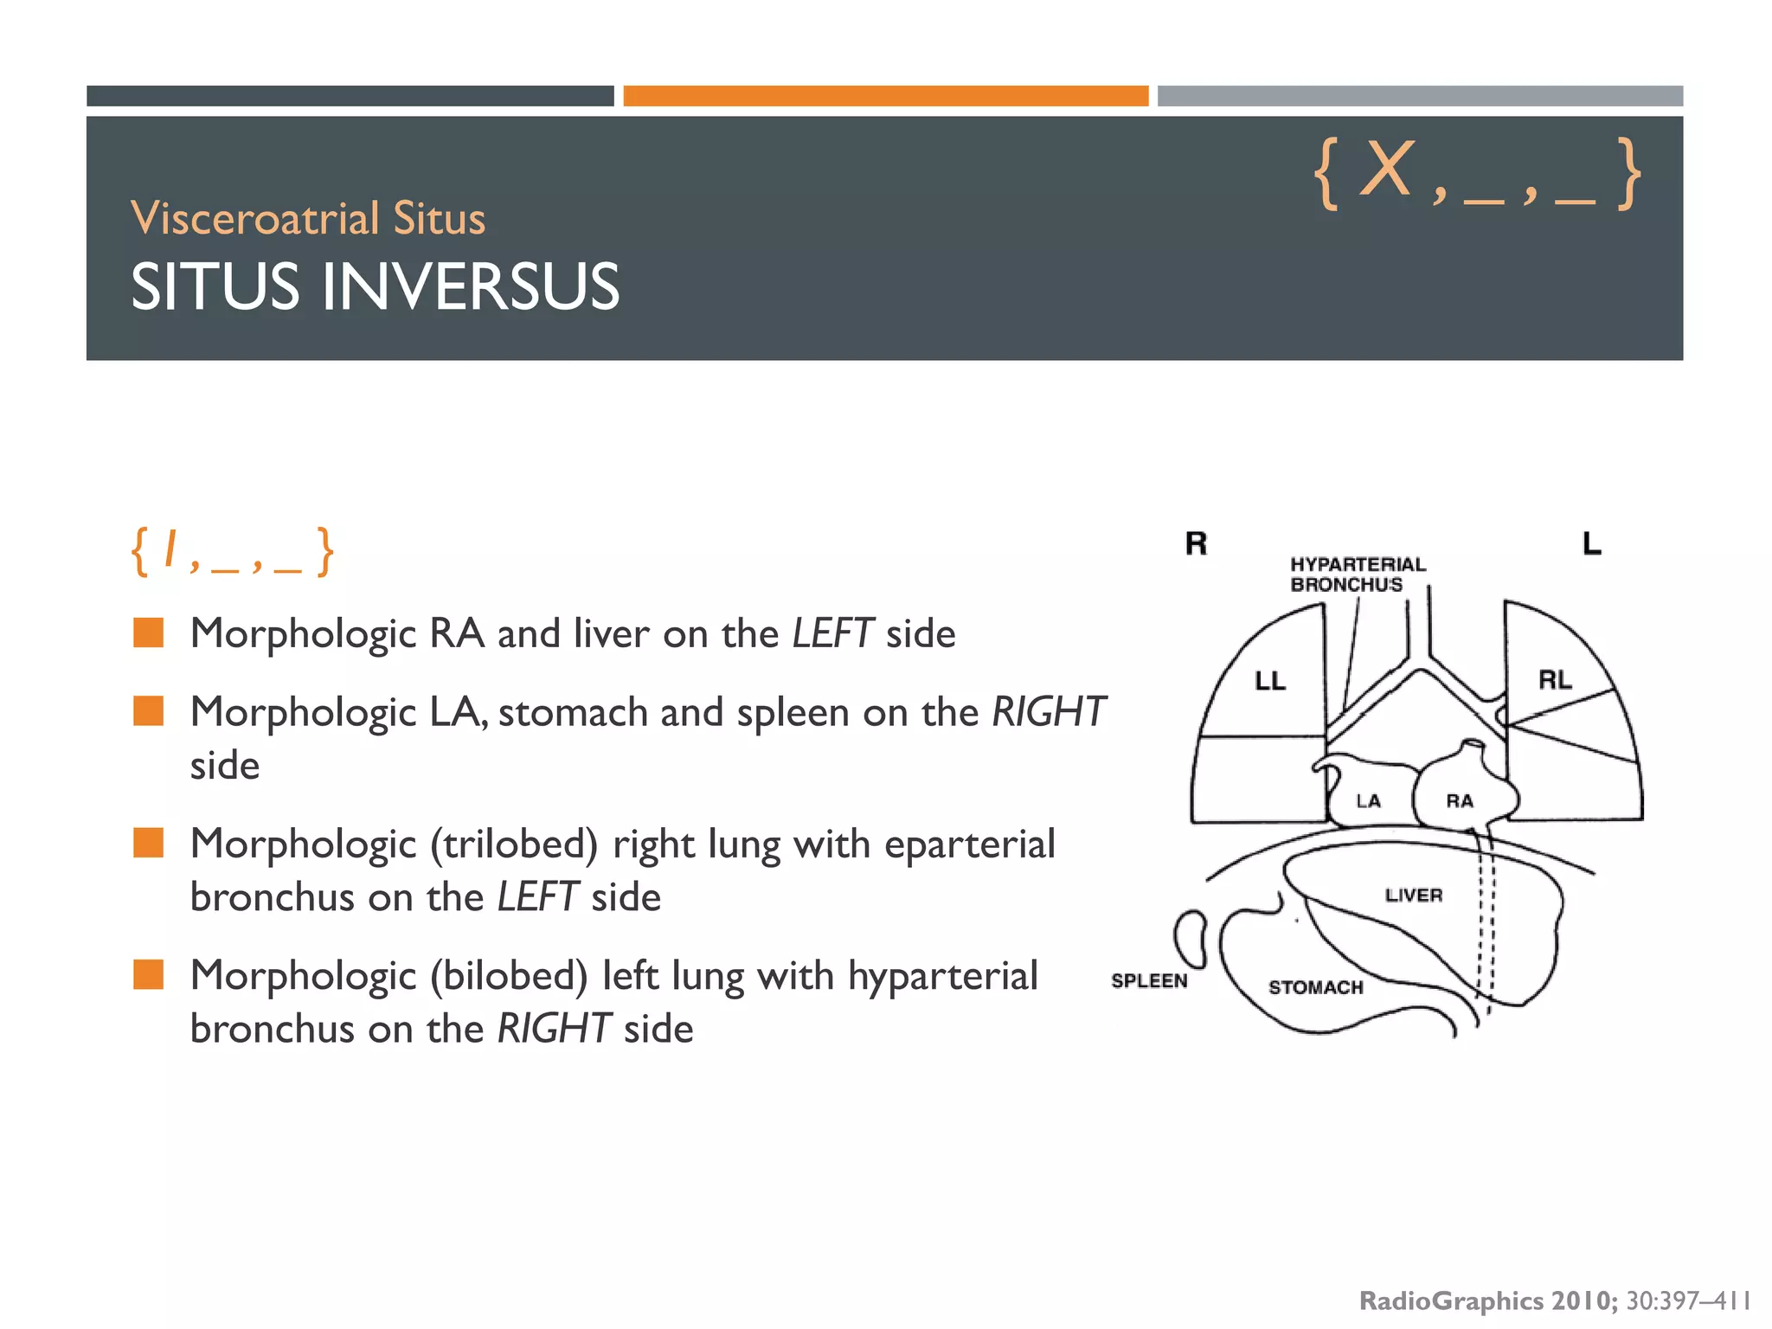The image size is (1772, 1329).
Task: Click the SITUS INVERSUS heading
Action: (x=375, y=286)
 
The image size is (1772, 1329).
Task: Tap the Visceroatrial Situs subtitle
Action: (x=308, y=218)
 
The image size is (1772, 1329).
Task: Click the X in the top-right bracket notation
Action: (x=1386, y=170)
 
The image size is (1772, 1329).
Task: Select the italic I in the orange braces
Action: (x=170, y=549)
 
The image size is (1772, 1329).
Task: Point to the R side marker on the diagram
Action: (x=1196, y=543)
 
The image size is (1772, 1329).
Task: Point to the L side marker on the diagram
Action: (x=1591, y=543)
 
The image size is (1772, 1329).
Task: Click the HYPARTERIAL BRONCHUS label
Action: (x=1357, y=574)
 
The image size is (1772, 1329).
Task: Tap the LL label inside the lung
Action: (x=1270, y=681)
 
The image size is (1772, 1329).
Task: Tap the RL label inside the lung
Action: (x=1555, y=680)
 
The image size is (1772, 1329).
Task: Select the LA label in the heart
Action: (x=1368, y=801)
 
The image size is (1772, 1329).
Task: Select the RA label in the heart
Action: (x=1460, y=801)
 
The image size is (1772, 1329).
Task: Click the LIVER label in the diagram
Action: (x=1414, y=896)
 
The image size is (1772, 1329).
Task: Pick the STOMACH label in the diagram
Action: (x=1315, y=987)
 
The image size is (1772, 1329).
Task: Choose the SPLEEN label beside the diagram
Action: (x=1149, y=981)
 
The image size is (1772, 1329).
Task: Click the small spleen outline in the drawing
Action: (x=1191, y=938)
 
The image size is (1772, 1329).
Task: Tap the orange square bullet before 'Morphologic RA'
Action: (x=148, y=633)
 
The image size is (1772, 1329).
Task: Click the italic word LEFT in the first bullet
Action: (x=832, y=633)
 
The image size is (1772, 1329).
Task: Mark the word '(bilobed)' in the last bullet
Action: (x=509, y=975)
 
